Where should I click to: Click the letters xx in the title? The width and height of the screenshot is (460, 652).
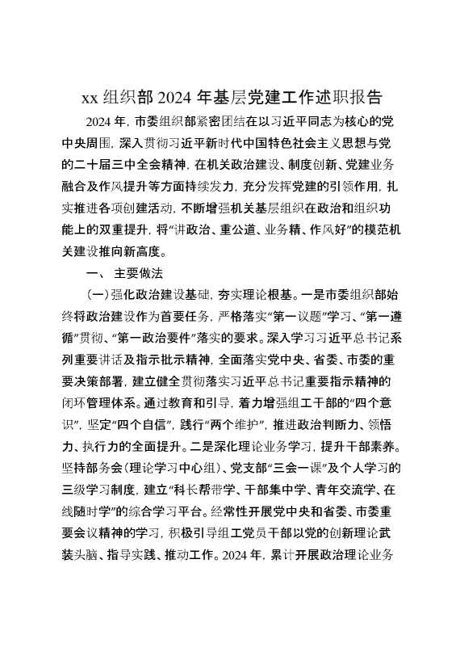90,99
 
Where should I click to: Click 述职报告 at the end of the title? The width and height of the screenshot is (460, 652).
349,99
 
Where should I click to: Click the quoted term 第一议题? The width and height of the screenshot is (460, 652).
269,315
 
